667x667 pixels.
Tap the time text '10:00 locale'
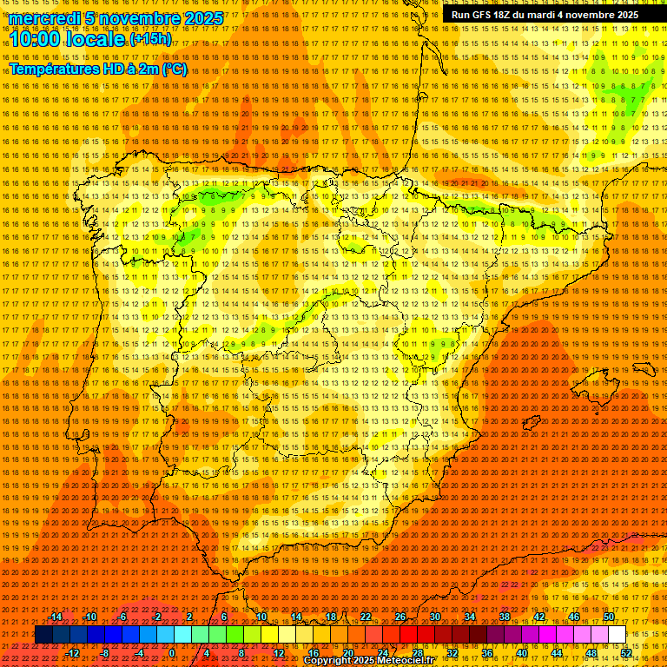pos(68,40)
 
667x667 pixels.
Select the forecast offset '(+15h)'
pos(150,39)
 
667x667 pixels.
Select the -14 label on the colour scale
pos(56,617)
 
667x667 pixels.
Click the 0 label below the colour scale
pos(172,653)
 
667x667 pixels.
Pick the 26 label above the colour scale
pos(400,617)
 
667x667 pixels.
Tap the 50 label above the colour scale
pos(608,617)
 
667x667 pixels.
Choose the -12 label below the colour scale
pos(73,653)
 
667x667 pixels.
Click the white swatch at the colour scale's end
pos(617,635)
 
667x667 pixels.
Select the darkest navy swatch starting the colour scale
pos(43,635)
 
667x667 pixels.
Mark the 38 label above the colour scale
pos(504,617)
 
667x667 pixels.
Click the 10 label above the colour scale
pos(261,617)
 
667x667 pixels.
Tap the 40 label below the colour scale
pos(521,653)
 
